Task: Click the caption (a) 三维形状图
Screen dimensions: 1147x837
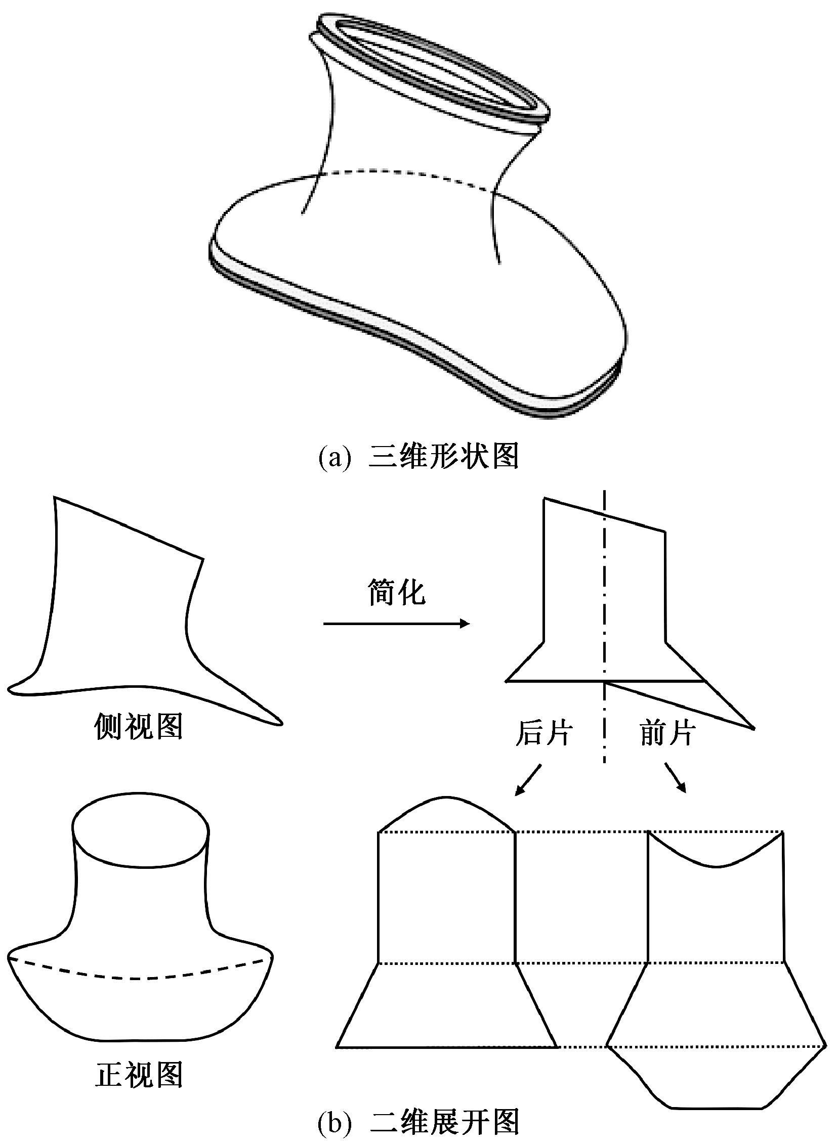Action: coord(418,457)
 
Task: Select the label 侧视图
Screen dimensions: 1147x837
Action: coord(138,728)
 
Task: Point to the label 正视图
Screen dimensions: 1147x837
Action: coord(138,1075)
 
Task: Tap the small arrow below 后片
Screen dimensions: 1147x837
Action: coord(527,780)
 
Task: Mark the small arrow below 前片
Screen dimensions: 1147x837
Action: coord(676,778)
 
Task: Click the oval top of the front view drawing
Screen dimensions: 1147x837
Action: coord(140,829)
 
